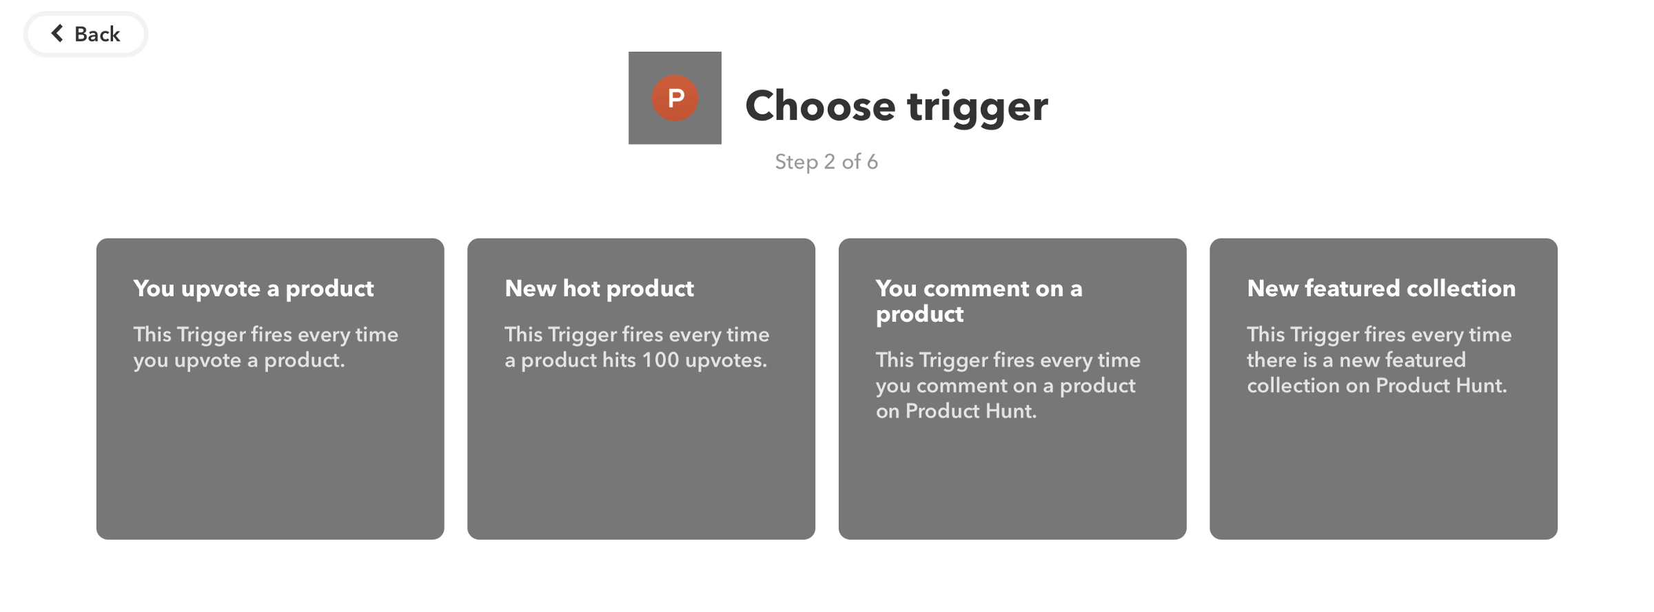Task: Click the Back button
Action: click(x=85, y=34)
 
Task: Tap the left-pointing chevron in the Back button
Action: click(x=57, y=33)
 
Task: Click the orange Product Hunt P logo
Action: click(x=675, y=98)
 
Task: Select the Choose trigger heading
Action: click(x=896, y=106)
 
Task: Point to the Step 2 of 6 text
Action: click(x=826, y=162)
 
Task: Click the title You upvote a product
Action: click(x=254, y=289)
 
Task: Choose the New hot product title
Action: click(x=599, y=289)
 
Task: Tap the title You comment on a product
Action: click(x=979, y=301)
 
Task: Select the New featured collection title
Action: click(x=1381, y=288)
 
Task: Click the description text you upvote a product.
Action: click(x=266, y=347)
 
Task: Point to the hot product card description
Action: click(x=637, y=347)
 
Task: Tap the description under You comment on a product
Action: click(x=1008, y=385)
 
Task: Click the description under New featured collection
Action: click(x=1379, y=360)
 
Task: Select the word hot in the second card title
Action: click(x=581, y=288)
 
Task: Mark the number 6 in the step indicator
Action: click(x=872, y=162)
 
